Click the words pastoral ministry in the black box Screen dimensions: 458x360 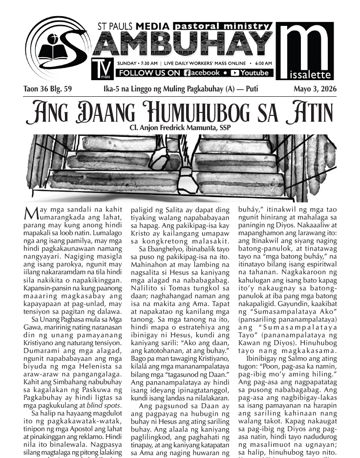[x=221, y=26]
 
